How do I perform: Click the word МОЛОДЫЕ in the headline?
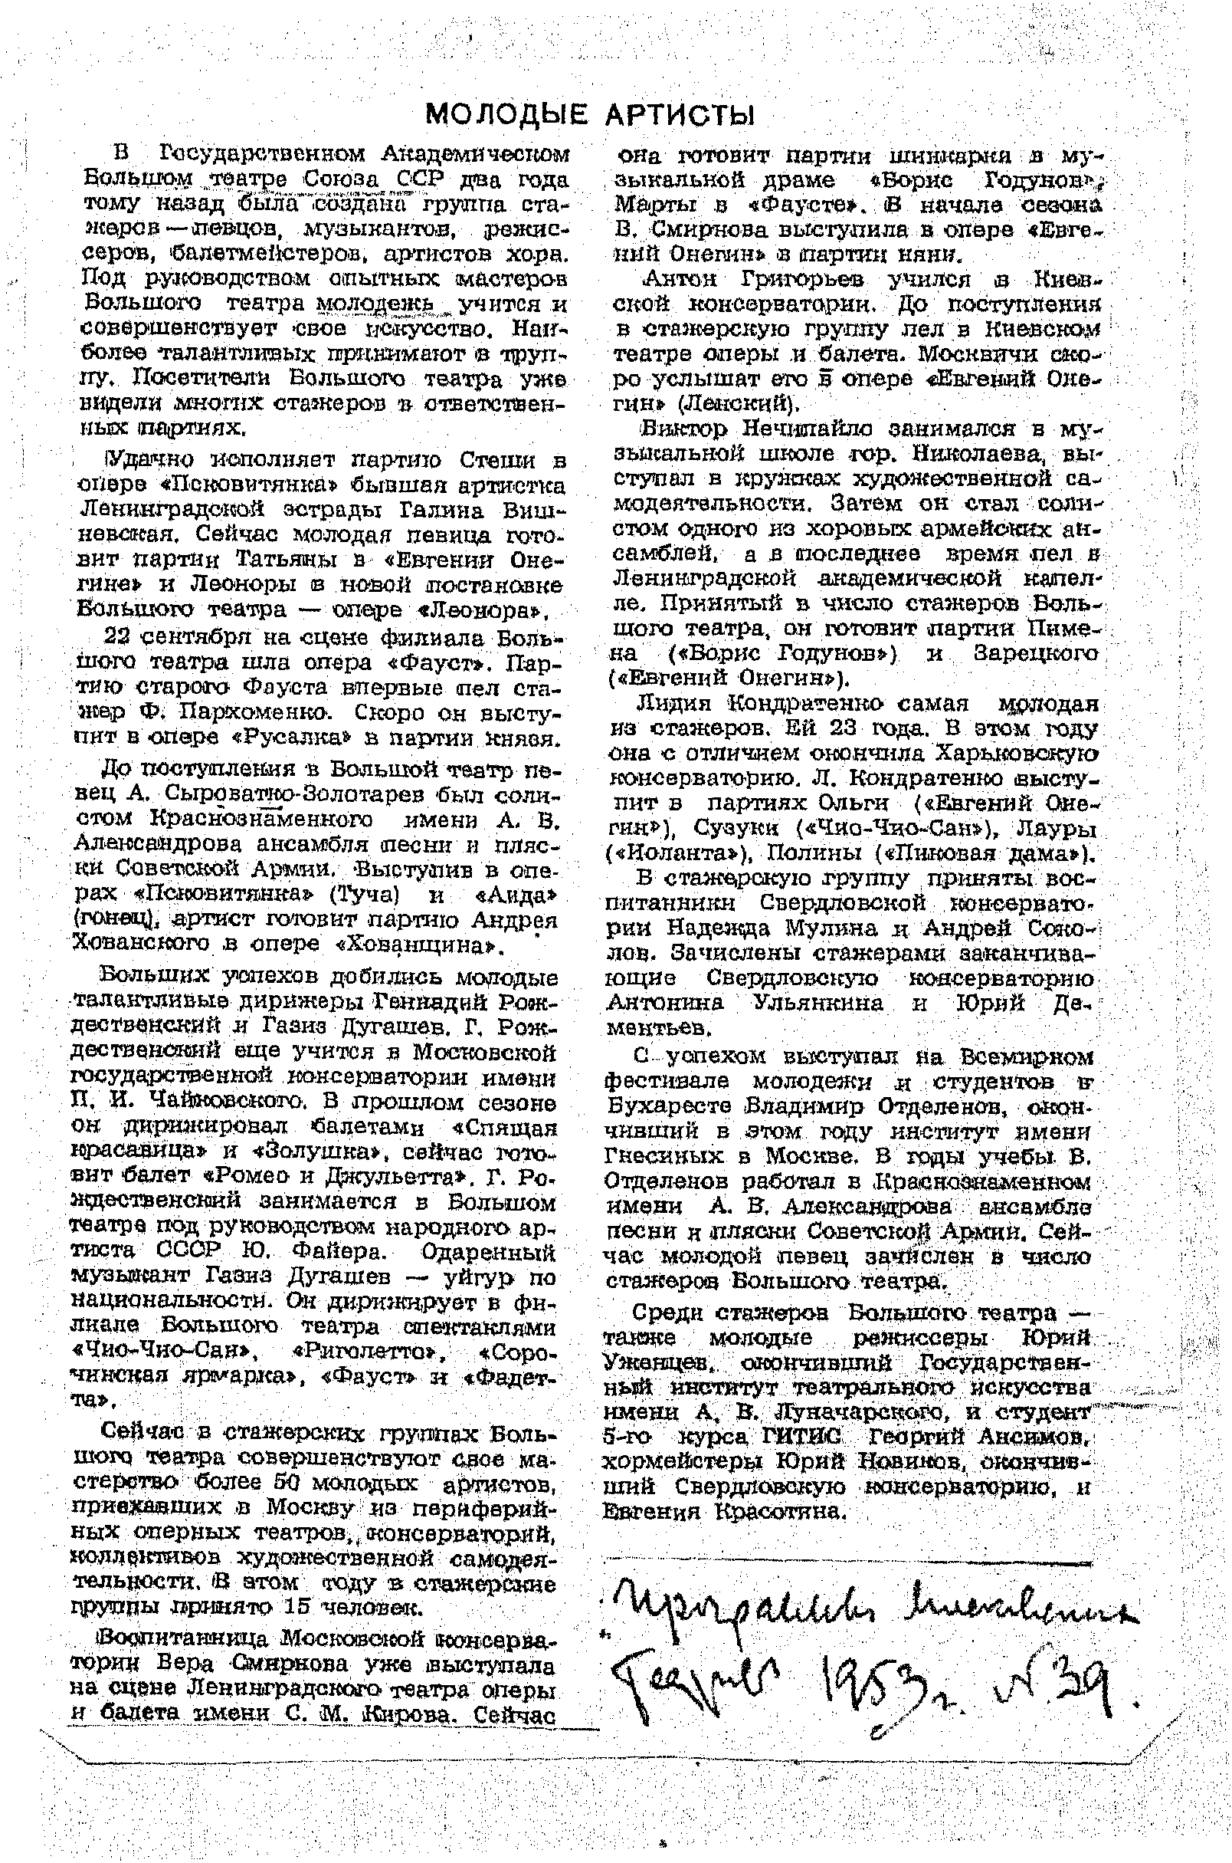click(505, 116)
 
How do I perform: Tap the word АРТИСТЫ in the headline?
click(680, 116)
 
